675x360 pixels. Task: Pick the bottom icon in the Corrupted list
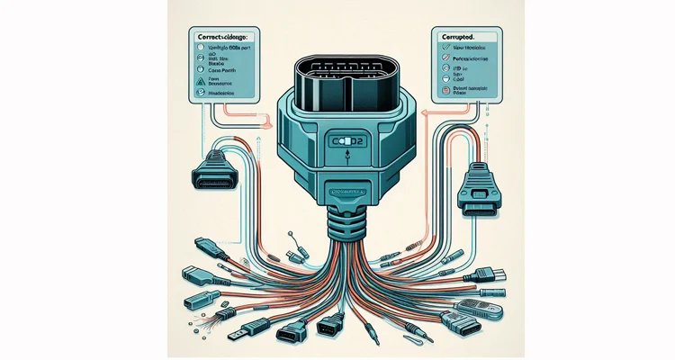445,91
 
